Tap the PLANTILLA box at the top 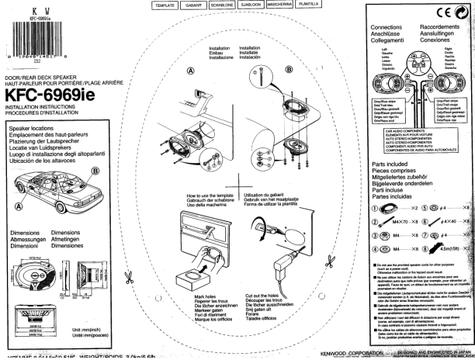(309, 4)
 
